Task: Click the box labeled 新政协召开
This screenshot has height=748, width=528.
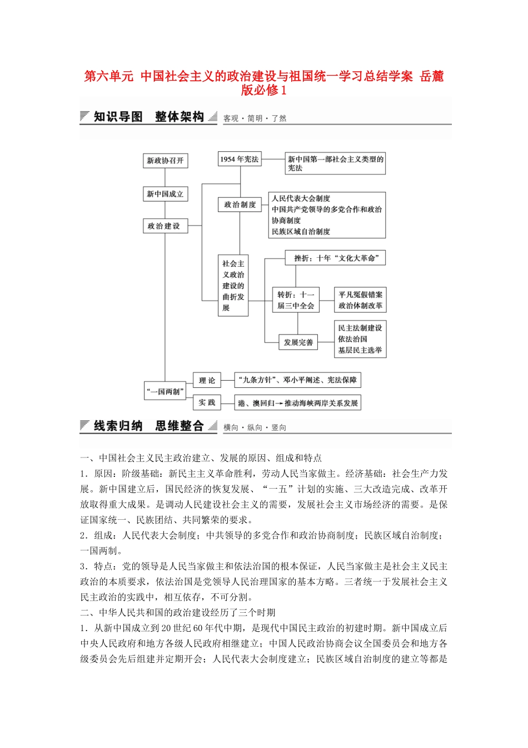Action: click(165, 160)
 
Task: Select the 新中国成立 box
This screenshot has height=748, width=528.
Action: click(165, 194)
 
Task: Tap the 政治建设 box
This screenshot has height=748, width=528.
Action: click(165, 226)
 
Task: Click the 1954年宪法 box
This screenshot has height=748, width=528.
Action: click(239, 159)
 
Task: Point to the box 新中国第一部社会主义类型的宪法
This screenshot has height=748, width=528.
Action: click(335, 164)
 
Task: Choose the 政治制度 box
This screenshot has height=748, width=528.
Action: click(240, 205)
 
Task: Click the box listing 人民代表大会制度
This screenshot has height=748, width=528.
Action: click(326, 215)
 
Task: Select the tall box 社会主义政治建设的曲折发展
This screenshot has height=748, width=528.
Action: click(233, 286)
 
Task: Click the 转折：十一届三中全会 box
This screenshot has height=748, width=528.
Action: click(296, 300)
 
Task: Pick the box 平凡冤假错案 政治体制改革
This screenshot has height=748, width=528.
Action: click(360, 300)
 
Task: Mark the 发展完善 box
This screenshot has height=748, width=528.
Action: click(298, 342)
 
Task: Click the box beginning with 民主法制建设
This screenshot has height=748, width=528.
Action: click(360, 339)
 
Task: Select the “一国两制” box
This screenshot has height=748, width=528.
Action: click(165, 391)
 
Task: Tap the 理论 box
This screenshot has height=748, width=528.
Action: click(207, 380)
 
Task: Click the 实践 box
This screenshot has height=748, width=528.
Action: click(207, 402)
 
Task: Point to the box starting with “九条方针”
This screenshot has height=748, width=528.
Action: click(297, 380)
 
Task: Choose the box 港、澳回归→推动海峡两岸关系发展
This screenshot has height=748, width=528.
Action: click(297, 403)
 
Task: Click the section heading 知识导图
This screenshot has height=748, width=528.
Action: click(118, 117)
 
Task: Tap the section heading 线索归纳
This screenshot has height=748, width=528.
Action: click(118, 426)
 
